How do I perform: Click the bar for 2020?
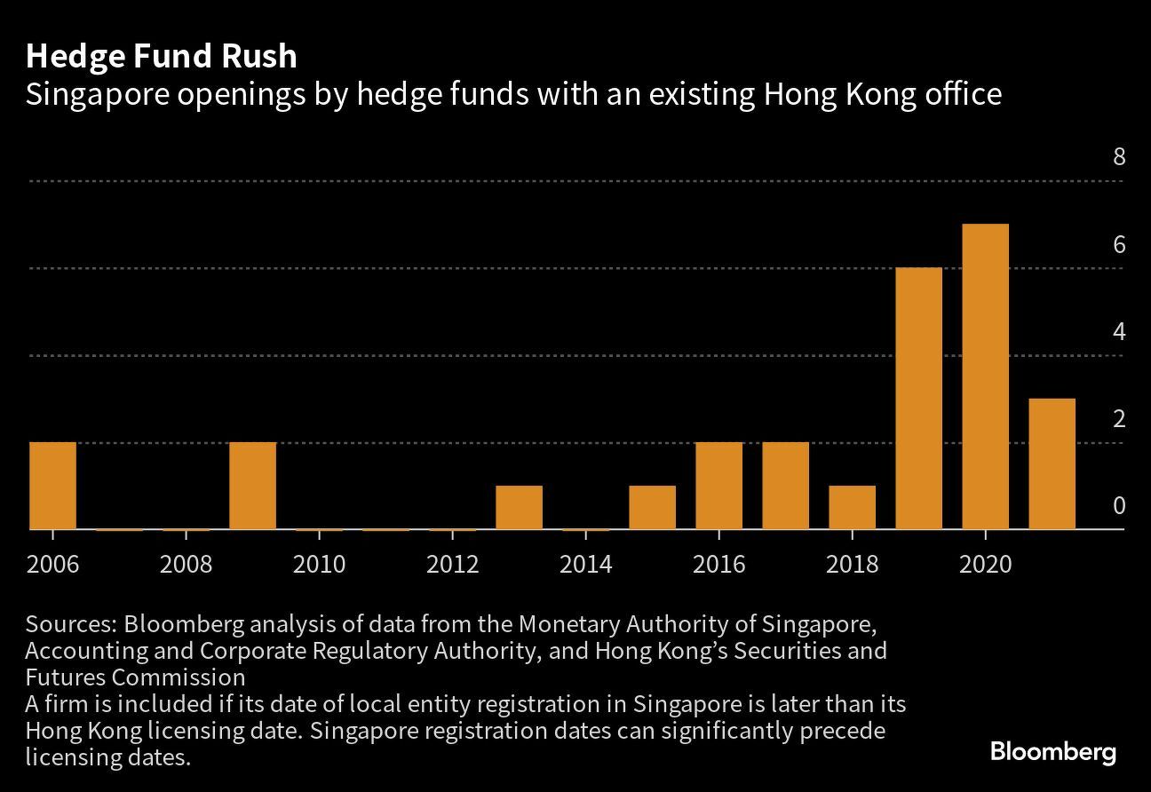click(985, 376)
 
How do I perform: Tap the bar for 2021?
click(1052, 463)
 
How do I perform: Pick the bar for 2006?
click(52, 485)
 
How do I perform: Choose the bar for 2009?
click(252, 485)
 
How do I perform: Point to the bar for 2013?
click(519, 507)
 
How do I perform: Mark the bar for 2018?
click(852, 507)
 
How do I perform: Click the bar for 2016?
click(718, 485)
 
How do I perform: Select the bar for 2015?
click(652, 507)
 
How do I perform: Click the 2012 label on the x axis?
click(452, 564)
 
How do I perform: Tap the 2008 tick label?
click(186, 564)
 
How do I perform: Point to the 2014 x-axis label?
click(585, 564)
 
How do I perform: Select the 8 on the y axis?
click(1119, 157)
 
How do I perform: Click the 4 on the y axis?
click(1119, 332)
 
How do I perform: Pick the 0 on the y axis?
click(1119, 506)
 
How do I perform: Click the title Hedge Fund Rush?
click(161, 56)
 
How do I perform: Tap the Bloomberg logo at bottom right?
click(1053, 752)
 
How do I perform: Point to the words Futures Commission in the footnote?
click(135, 677)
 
